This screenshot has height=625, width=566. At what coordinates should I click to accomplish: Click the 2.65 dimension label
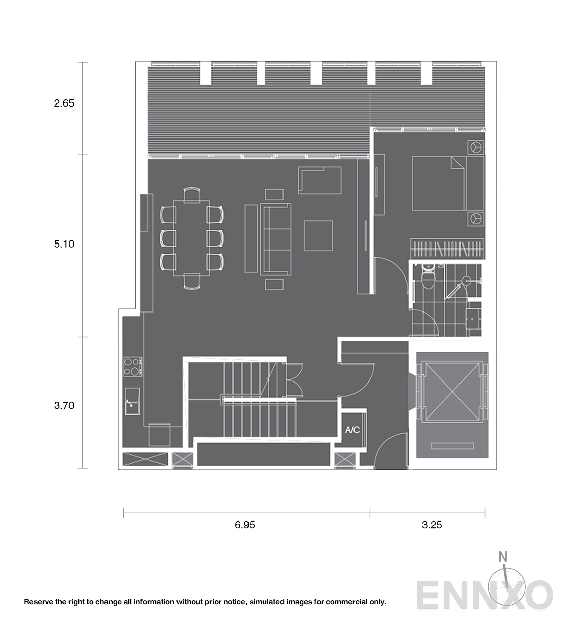coord(64,103)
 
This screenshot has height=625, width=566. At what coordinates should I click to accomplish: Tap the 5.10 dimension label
coord(64,244)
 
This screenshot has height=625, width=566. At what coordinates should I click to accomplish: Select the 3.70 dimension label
coord(64,405)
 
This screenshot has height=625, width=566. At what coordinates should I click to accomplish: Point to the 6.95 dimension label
coord(245,525)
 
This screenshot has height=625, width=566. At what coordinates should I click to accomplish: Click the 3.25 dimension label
coord(432,525)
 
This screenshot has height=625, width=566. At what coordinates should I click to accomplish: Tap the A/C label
coord(352,430)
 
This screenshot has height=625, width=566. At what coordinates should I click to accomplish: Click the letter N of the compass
coord(503,557)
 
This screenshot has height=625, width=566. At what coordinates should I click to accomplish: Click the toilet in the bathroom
coord(429,276)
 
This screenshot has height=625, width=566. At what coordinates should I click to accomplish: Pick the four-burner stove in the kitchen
coord(133,367)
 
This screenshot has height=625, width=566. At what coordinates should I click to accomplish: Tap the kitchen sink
coord(132,401)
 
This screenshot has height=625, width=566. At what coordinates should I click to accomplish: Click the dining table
coord(192,238)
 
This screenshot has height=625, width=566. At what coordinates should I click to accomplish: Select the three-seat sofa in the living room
coord(276,239)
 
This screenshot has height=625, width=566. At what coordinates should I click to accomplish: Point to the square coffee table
coord(319,235)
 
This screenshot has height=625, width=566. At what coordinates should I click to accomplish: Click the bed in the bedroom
coord(448,183)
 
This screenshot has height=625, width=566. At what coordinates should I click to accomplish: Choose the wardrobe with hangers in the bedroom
coord(447,249)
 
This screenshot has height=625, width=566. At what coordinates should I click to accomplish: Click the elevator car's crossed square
coord(452,392)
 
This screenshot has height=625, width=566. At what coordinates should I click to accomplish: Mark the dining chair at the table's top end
coord(192,195)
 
